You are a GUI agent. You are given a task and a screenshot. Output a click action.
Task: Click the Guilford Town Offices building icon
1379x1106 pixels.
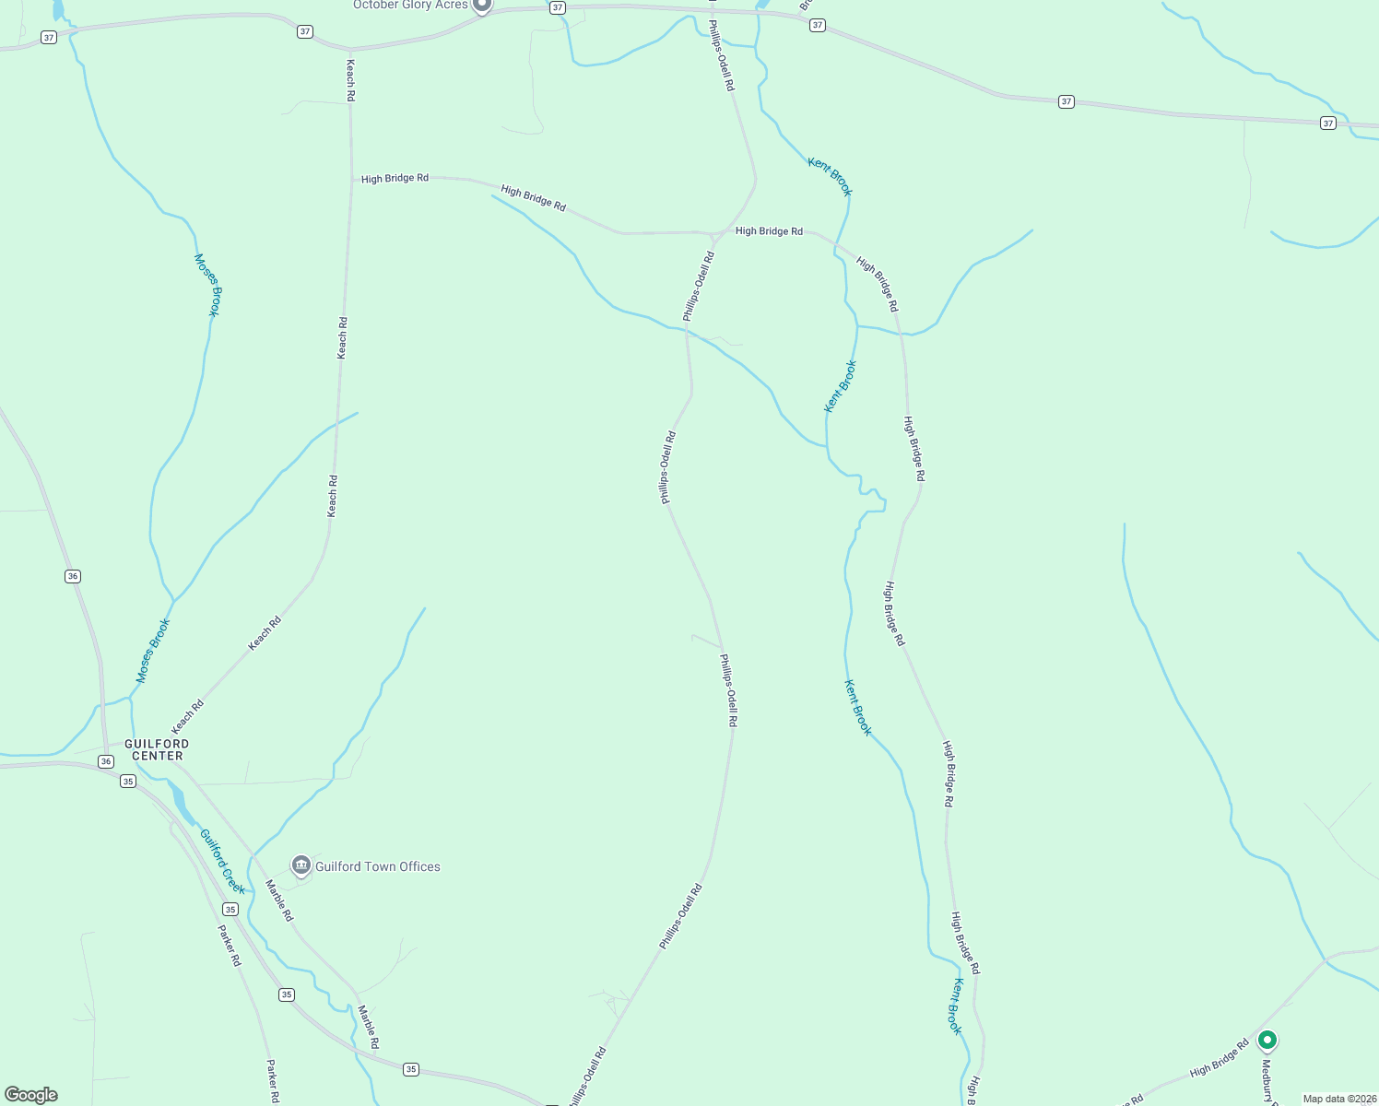[x=301, y=865]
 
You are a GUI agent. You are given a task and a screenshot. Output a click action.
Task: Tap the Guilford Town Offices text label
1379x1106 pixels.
[x=378, y=866]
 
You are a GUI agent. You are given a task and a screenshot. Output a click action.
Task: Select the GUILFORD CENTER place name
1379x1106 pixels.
[x=158, y=749]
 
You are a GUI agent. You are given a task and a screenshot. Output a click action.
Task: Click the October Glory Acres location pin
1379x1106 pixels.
[x=481, y=6]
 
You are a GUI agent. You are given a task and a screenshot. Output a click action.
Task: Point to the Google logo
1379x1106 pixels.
[x=31, y=1095]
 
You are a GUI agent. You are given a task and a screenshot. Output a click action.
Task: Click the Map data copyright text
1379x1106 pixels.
[x=1338, y=1099]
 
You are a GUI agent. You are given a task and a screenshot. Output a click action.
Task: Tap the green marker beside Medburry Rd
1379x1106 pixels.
[x=1267, y=1041]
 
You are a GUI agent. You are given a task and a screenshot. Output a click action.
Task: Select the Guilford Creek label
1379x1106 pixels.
[x=223, y=862]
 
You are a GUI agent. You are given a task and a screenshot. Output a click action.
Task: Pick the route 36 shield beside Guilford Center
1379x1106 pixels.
[x=106, y=761]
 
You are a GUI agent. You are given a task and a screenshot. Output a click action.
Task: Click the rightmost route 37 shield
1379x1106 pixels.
[x=1327, y=123]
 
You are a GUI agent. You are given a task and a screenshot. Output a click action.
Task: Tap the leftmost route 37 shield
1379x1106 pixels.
[x=49, y=38]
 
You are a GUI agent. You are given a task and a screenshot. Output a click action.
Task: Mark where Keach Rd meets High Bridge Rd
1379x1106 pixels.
[x=350, y=179]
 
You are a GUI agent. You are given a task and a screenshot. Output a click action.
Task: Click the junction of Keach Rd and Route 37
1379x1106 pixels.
[x=349, y=49]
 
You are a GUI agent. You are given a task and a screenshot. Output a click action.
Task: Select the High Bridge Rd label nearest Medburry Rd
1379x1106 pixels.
[x=1219, y=1059]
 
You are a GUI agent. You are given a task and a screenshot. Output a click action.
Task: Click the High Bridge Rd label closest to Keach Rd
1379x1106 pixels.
[x=395, y=178]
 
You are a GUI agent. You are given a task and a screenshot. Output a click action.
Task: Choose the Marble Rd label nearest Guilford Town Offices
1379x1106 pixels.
[x=279, y=901]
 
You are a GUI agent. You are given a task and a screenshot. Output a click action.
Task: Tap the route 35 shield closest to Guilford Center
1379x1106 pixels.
[x=128, y=781]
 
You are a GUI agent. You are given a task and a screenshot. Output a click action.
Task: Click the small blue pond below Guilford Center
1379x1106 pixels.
[x=180, y=802]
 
